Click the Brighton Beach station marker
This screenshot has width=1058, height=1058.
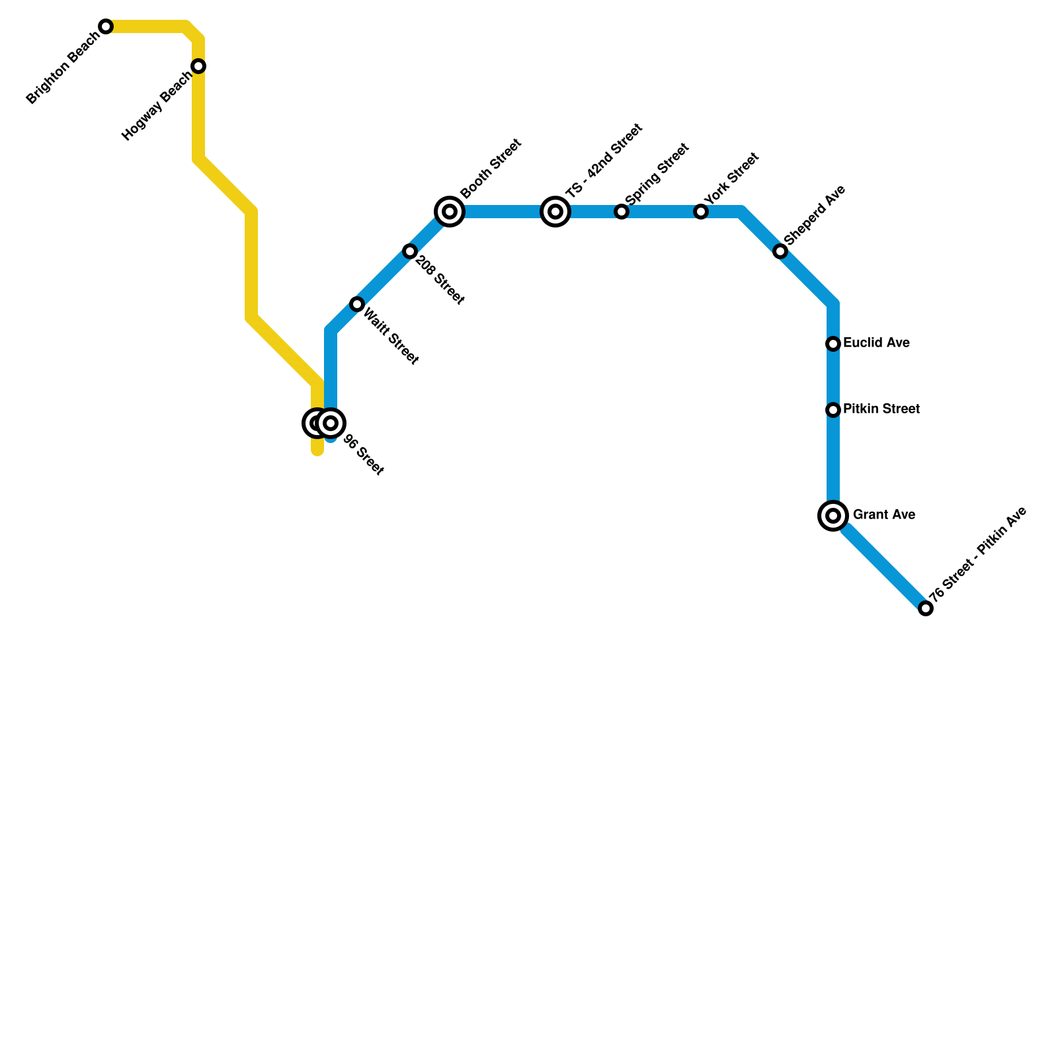pos(106,26)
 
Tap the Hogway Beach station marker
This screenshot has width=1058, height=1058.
pos(198,66)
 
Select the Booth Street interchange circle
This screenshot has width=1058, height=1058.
pos(450,212)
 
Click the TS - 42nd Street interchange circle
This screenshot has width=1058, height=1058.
pos(555,212)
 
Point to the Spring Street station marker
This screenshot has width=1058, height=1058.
pos(622,212)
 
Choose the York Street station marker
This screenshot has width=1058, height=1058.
pos(701,212)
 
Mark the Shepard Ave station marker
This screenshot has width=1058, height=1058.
pos(780,251)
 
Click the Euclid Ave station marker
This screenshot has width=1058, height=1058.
pos(833,344)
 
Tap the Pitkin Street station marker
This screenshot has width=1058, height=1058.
pos(833,410)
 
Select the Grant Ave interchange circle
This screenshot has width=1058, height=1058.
pos(833,516)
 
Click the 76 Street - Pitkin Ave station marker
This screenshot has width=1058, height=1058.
pos(926,608)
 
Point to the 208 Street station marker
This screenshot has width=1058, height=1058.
pos(410,251)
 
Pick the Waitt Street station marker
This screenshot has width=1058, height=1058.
pos(357,304)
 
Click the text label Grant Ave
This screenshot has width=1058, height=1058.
pos(883,515)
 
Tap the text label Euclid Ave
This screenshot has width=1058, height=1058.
pos(876,343)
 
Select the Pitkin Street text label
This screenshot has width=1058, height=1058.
pos(881,409)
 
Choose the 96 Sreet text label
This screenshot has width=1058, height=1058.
pos(363,456)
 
